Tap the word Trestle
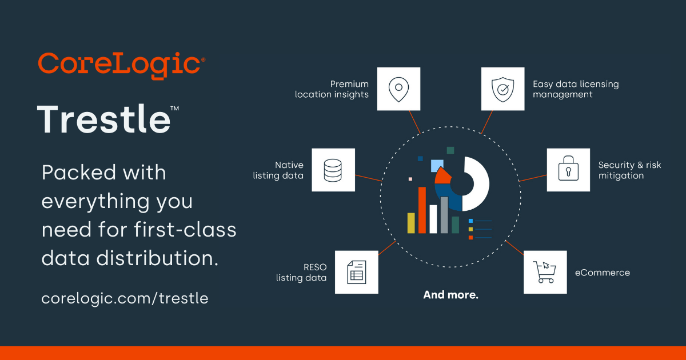click(x=104, y=119)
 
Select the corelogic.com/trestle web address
click(x=125, y=298)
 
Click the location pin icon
click(x=398, y=89)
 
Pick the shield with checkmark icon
click(x=502, y=89)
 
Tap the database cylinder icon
click(x=333, y=170)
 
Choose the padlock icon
click(x=568, y=170)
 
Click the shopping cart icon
click(x=545, y=272)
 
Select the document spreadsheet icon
click(x=356, y=272)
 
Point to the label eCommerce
click(x=602, y=273)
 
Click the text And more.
click(x=450, y=295)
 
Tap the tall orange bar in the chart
click(x=422, y=210)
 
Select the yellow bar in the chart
click(x=410, y=223)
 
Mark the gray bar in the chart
click(x=444, y=215)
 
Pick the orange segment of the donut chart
click(x=443, y=175)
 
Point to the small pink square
click(x=410, y=179)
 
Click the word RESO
click(x=314, y=267)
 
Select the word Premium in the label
click(x=349, y=84)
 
